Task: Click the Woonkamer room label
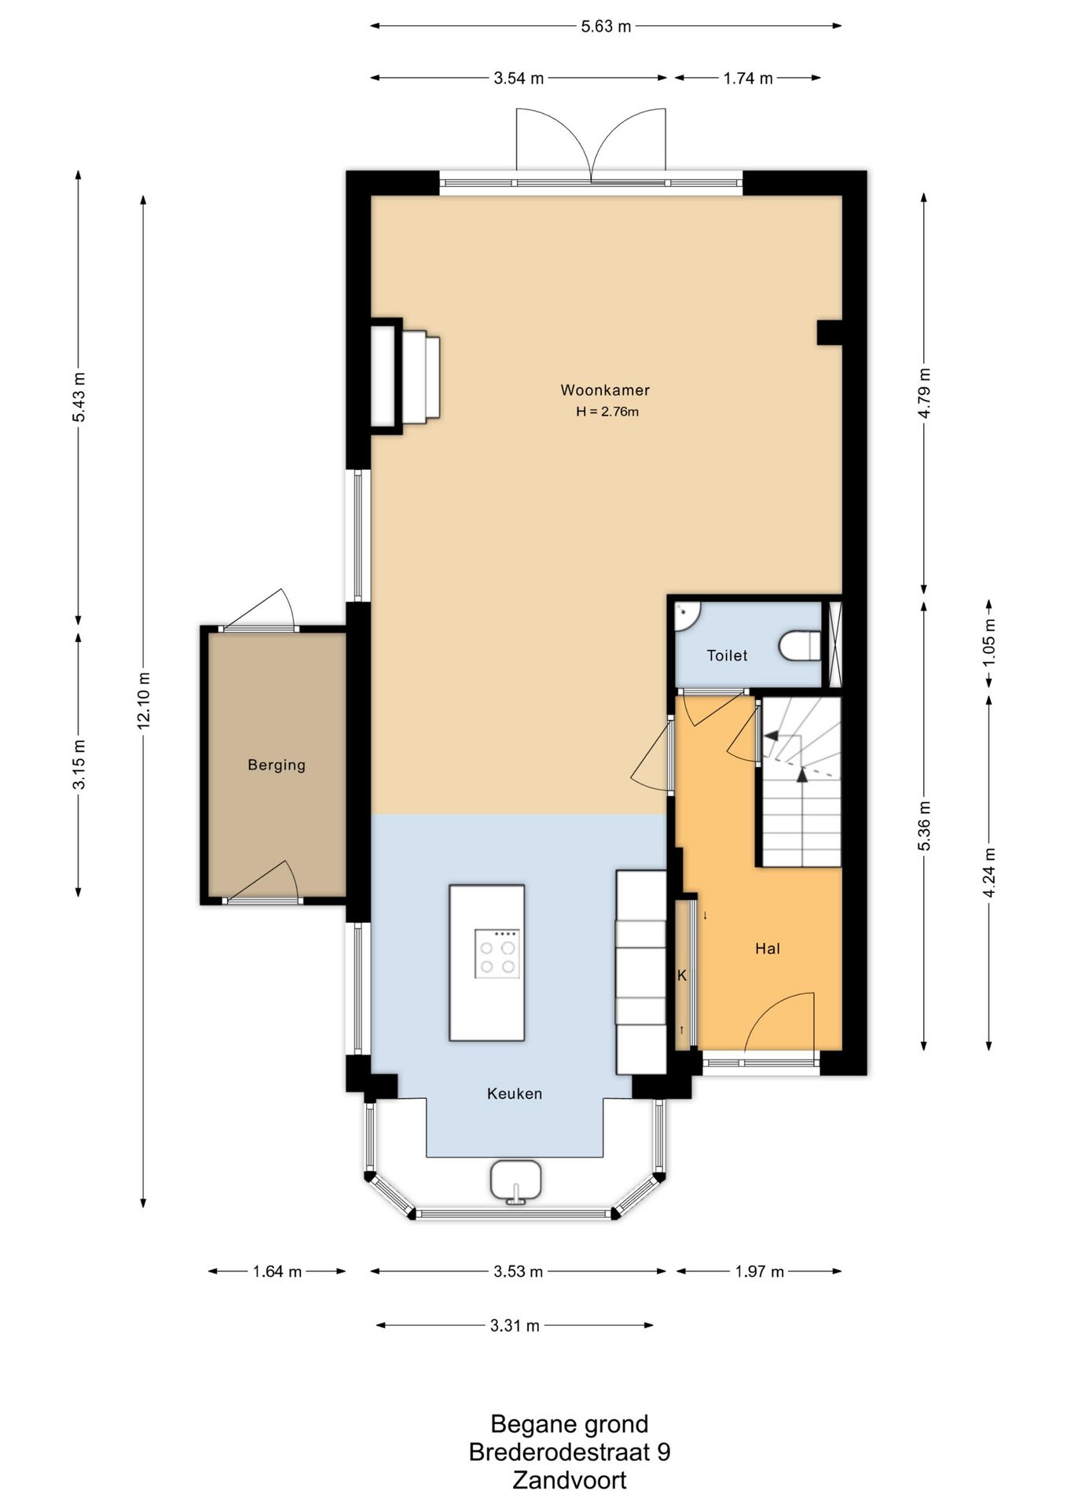point(605,390)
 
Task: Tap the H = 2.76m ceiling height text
point(607,411)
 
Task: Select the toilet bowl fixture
point(800,647)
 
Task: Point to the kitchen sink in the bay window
point(516,1180)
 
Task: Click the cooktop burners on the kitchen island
point(497,953)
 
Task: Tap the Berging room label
point(277,765)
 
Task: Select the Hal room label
point(768,949)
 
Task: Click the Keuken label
point(515,1093)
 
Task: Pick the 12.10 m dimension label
point(143,701)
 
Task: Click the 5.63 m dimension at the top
point(606,26)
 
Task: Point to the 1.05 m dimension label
point(988,643)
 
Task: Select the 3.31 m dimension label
point(515,1326)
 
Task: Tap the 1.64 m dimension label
point(277,1272)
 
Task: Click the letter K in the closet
point(682,975)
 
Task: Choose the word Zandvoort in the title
point(570,1481)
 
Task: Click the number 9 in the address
point(664,1452)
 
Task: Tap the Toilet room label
point(727,655)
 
